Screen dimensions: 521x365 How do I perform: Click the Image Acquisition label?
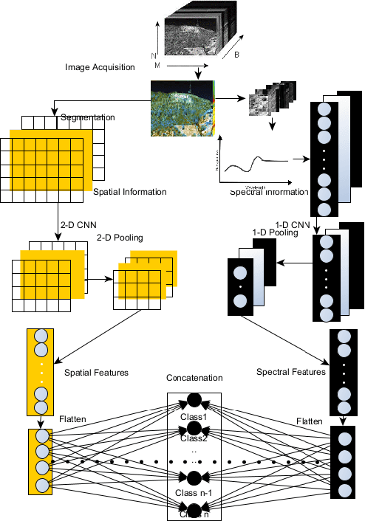(100, 67)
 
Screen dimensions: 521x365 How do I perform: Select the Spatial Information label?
(129, 192)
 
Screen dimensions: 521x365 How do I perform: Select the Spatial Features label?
(97, 373)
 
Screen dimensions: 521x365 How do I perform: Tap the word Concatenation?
(194, 378)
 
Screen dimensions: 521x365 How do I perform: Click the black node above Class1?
(194, 400)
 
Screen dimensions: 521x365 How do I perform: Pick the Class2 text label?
(194, 438)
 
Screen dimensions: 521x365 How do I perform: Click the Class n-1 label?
(194, 493)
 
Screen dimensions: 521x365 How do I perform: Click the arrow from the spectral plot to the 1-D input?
(299, 159)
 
